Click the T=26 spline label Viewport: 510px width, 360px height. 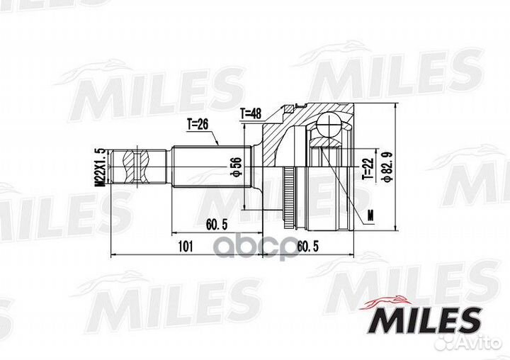point(198,124)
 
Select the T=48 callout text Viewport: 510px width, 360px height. point(251,114)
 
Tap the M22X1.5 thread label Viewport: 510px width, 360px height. point(101,167)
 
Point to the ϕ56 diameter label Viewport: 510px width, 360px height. point(236,167)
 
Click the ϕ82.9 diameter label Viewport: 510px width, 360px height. point(388,167)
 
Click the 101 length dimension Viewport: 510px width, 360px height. point(186,247)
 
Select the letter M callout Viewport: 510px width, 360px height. point(370,215)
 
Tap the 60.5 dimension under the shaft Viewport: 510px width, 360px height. point(217,224)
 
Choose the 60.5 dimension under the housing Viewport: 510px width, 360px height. point(307,247)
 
